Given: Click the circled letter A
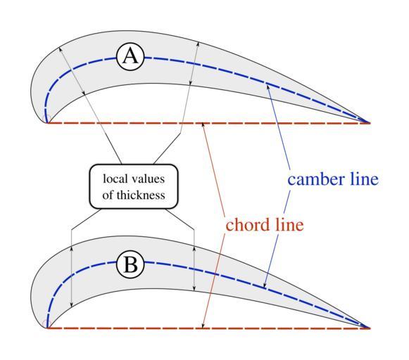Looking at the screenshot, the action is click(130, 57).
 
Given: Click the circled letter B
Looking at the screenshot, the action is click(130, 265).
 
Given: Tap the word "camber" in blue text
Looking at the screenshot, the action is click(315, 179).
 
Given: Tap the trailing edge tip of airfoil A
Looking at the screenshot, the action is click(370, 122).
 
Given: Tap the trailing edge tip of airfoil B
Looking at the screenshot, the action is click(370, 328).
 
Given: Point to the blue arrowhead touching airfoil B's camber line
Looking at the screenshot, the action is click(265, 285).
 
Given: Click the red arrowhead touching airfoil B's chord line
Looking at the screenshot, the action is click(203, 325).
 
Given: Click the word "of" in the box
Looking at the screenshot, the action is click(108, 195).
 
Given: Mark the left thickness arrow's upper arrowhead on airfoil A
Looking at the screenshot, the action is click(61, 49).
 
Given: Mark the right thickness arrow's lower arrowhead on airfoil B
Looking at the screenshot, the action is click(194, 288).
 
